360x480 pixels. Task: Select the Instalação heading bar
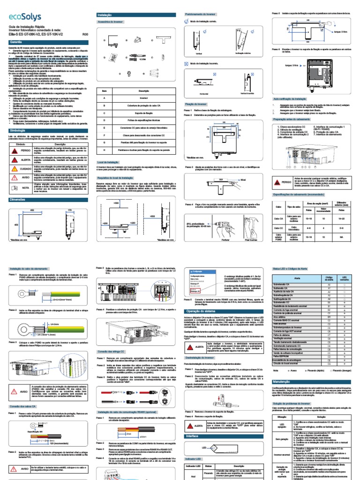click(104, 15)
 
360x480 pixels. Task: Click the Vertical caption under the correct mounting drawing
click(199, 53)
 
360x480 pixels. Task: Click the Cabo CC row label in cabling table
click(279, 229)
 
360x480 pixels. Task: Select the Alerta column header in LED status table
click(296, 278)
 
